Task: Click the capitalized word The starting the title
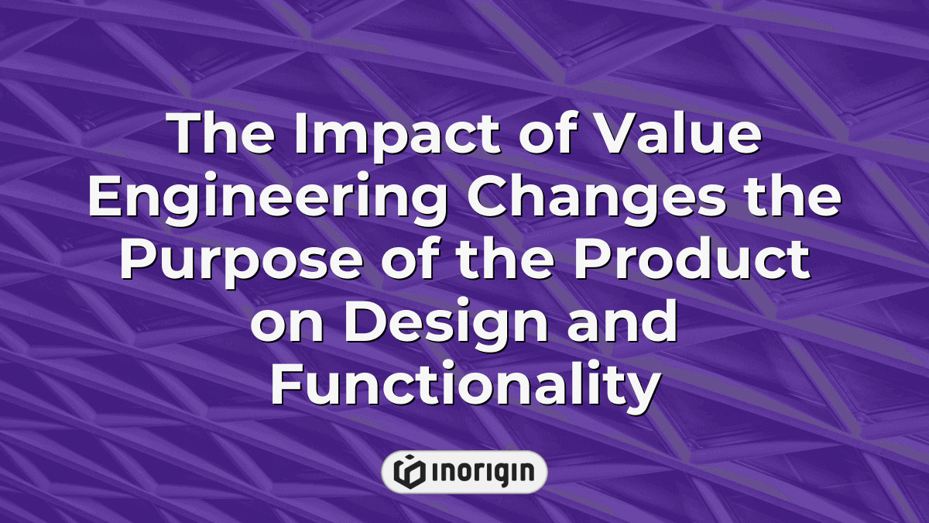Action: tap(221, 132)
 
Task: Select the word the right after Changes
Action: tap(793, 195)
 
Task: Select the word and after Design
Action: tap(622, 320)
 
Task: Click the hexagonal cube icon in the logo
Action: tap(410, 472)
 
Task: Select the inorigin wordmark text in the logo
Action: tap(483, 473)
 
